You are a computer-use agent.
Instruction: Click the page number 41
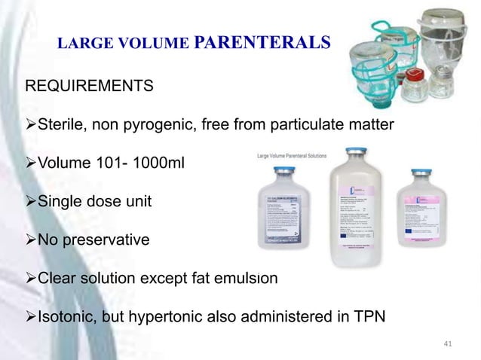click(448, 344)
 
